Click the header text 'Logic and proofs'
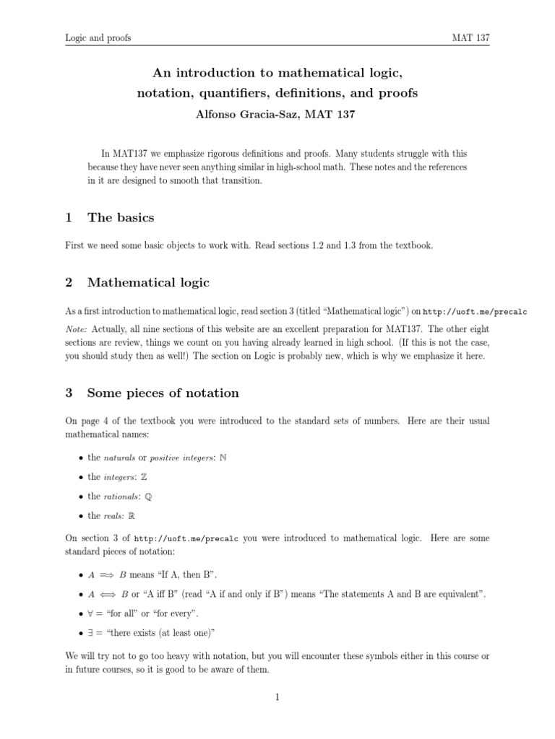click(98, 38)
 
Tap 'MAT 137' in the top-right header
click(470, 38)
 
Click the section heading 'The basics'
click(120, 217)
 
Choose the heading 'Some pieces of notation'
click(163, 393)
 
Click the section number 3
click(69, 393)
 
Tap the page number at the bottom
click(277, 696)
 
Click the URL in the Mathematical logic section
click(475, 311)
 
